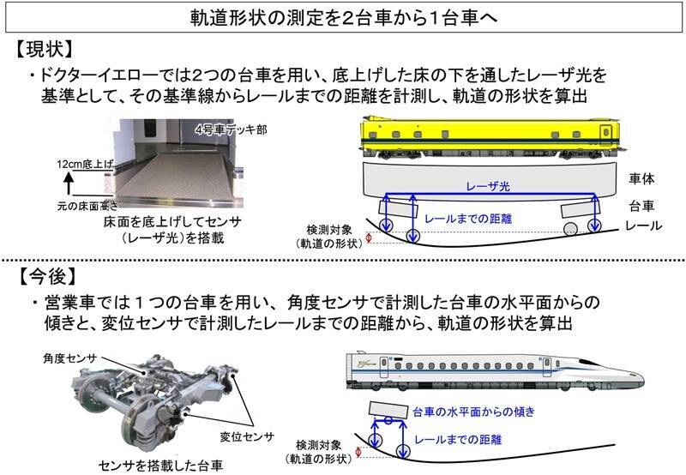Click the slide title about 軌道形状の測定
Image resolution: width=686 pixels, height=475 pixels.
(343, 18)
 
